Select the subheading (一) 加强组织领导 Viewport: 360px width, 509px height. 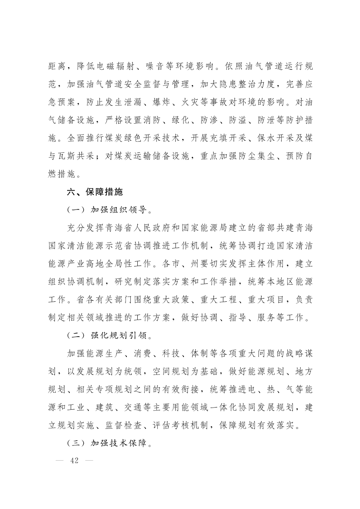[x=109, y=209]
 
